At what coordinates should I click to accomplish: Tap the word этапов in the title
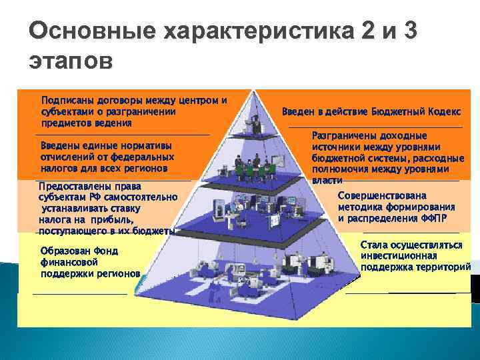click(x=71, y=61)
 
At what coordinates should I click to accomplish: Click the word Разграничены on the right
click(x=346, y=135)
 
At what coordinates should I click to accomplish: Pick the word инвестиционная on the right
click(x=399, y=255)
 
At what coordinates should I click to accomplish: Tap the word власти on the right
click(x=327, y=181)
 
